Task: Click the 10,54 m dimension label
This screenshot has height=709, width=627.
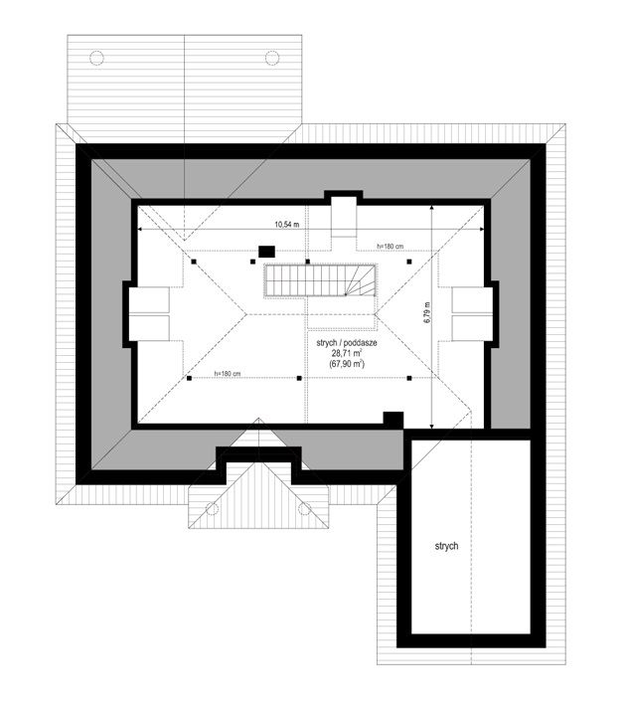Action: coord(287,225)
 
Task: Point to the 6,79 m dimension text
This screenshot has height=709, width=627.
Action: coord(427,312)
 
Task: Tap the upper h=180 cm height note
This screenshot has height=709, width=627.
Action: coord(391,246)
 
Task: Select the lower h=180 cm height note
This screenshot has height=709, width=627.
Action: coord(228,374)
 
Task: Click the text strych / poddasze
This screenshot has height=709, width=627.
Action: coord(347,343)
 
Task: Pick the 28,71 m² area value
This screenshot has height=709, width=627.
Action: coord(347,353)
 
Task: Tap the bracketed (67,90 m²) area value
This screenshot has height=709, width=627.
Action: coord(347,363)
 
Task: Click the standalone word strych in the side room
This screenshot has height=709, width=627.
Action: coord(446,546)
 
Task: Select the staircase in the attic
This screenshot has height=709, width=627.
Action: coord(321,280)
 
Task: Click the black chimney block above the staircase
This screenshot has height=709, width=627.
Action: coord(266,251)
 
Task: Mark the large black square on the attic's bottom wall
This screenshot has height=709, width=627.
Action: coord(393,419)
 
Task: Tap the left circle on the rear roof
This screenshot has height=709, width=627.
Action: coord(96,58)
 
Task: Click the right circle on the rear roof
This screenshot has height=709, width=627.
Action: coord(272,58)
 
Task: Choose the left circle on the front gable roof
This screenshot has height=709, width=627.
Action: coord(213,508)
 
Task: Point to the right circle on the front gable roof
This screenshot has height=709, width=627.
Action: coord(305,508)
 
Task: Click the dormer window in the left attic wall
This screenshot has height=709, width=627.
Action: coord(149,314)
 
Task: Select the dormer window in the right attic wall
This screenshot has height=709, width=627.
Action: coord(472,314)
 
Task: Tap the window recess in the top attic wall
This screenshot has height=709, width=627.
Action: coord(344,216)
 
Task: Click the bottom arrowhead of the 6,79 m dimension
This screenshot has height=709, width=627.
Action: coord(432,425)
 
